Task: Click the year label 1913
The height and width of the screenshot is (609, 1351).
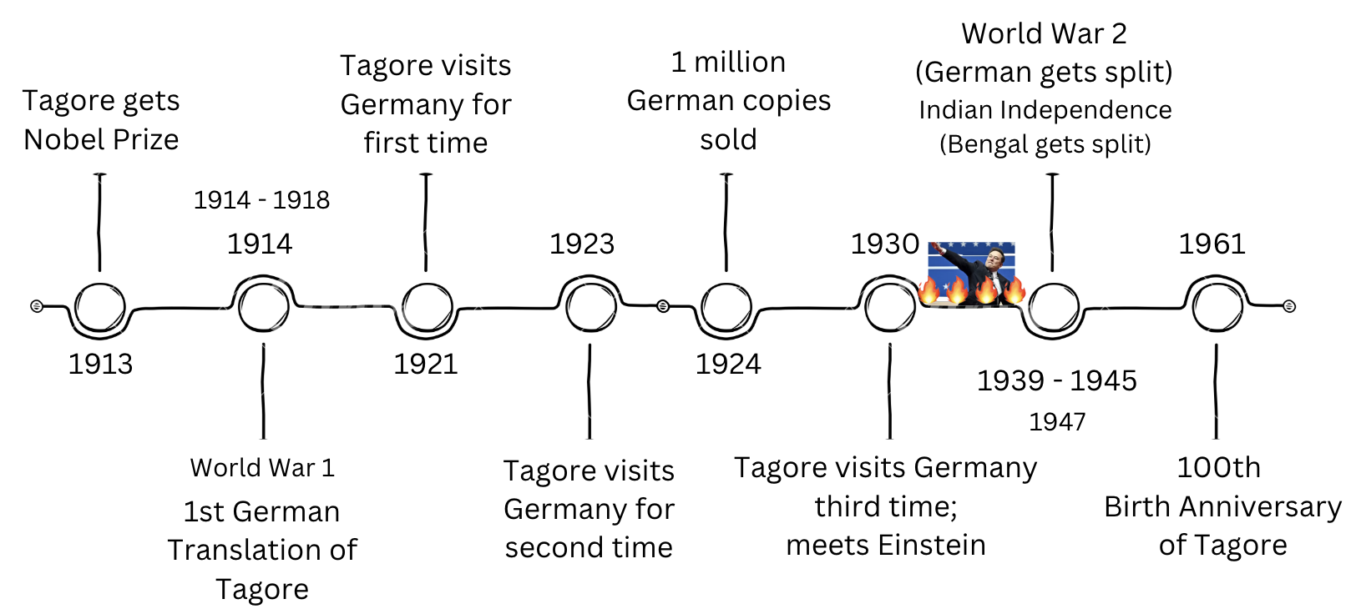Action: (x=100, y=364)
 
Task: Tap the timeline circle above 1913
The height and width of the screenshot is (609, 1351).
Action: (x=100, y=307)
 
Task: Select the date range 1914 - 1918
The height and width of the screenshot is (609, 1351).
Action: (x=261, y=200)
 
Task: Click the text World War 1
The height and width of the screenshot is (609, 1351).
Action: (x=262, y=468)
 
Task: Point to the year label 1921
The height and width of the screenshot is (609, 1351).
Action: (x=426, y=364)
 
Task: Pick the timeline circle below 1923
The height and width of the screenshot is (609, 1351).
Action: (x=590, y=307)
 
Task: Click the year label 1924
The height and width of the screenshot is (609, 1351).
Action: (x=728, y=364)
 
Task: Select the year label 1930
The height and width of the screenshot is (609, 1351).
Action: (x=885, y=244)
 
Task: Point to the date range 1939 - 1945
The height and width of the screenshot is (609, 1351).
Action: (x=1057, y=380)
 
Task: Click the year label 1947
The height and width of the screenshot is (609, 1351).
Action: (x=1057, y=422)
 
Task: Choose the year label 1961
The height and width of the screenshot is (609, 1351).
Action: (x=1212, y=244)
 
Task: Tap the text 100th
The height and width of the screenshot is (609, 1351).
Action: (x=1218, y=468)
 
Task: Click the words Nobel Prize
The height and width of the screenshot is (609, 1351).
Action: (x=101, y=139)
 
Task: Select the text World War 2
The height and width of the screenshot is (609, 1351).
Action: (x=1044, y=34)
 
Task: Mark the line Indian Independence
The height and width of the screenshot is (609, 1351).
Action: (x=1045, y=110)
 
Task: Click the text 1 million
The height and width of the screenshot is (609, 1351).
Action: (x=728, y=63)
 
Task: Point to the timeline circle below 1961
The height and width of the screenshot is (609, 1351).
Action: (x=1217, y=307)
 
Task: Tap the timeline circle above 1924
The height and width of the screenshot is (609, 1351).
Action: (x=726, y=307)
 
